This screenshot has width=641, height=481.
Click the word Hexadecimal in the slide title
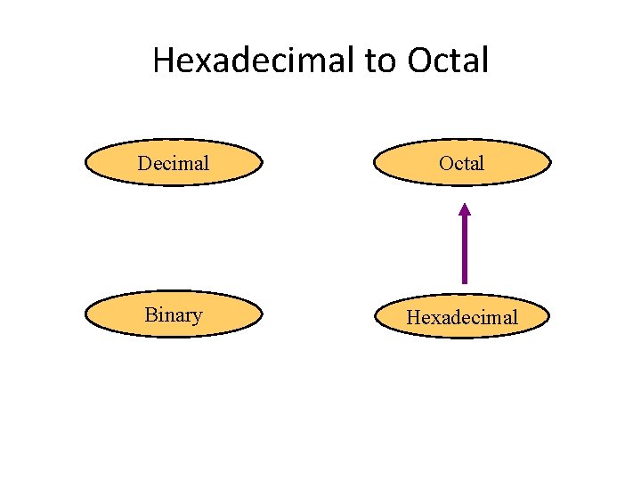point(255,61)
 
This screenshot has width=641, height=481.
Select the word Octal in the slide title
point(448,61)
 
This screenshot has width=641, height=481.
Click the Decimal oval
point(174,162)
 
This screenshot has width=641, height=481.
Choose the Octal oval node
point(462,162)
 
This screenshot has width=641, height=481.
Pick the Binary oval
point(174,314)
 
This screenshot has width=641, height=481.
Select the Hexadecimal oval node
point(462,316)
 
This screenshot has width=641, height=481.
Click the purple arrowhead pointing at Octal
point(464,210)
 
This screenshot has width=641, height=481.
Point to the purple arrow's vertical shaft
point(464,249)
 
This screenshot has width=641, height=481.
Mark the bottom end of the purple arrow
point(464,282)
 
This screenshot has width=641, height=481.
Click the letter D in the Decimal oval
point(144,163)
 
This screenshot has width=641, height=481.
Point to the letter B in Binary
point(150,314)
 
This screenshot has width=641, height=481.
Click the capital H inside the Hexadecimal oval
point(413,317)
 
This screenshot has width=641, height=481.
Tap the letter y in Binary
point(197,317)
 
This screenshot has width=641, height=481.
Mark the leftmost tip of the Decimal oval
point(85,162)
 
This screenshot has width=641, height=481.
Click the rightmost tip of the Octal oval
point(551,162)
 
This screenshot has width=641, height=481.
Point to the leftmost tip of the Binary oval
point(85,314)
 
